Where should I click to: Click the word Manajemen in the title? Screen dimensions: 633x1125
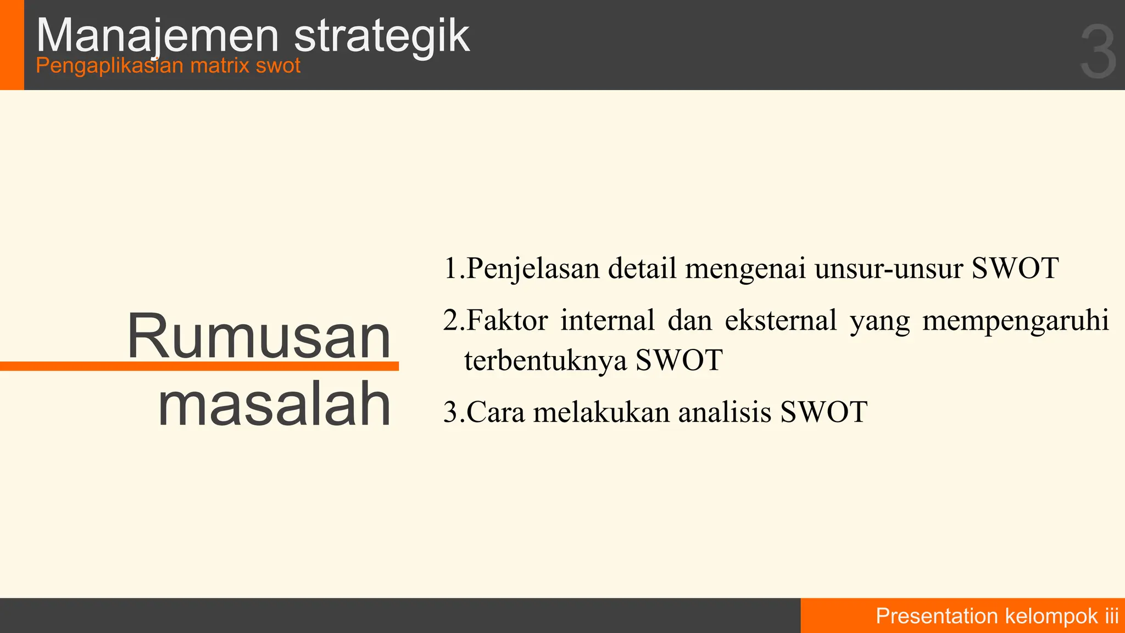coord(158,36)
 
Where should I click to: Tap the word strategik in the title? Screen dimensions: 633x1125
coord(382,36)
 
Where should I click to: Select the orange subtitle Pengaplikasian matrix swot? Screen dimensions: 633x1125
coord(168,66)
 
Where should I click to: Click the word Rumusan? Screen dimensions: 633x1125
coord(259,336)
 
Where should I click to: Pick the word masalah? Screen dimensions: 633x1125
coord(274,404)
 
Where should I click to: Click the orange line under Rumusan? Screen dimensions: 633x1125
coord(199,366)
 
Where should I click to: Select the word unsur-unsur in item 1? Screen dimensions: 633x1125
coord(889,269)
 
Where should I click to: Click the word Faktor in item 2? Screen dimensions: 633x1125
coord(507,320)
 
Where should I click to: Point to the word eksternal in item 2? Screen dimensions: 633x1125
coord(781,320)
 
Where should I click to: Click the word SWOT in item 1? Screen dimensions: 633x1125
coord(1015,269)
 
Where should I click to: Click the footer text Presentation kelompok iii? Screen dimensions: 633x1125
coord(997,616)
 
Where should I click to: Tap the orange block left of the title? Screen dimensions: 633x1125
coord(12,45)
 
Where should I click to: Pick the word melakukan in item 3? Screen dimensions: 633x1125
coord(602,412)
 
